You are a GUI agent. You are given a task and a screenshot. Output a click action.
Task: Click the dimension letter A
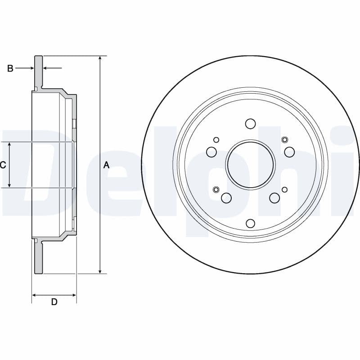(106, 165)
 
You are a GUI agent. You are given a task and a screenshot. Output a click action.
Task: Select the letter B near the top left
(10, 68)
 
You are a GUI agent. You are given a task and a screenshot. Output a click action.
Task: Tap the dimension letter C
(3, 165)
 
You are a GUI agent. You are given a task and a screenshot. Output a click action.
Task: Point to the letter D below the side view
(54, 302)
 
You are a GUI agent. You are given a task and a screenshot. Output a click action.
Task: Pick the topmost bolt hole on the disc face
(251, 124)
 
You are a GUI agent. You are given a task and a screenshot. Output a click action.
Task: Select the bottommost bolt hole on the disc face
(251, 223)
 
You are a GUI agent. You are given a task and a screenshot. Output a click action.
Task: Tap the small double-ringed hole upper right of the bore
(284, 139)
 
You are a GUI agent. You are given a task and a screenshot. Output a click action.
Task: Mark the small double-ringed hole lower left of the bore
(216, 189)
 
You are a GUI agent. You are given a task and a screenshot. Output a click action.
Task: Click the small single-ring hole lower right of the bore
(284, 189)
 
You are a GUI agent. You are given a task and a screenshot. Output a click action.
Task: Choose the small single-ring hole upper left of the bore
(216, 139)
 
